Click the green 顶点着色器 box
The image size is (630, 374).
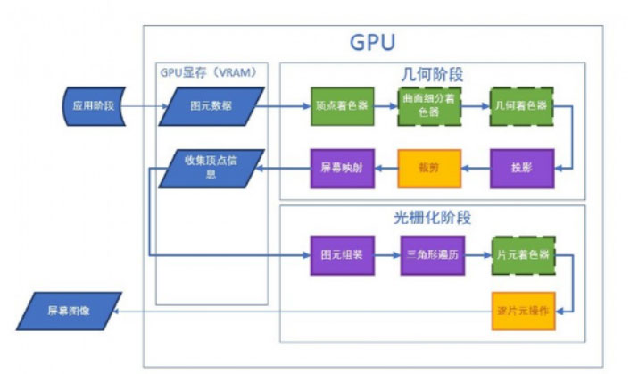pyautogui.click(x=341, y=106)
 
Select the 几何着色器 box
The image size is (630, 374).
pyautogui.click(x=522, y=106)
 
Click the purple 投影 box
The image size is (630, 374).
pyautogui.click(x=522, y=167)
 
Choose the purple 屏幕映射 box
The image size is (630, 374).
pyautogui.click(x=341, y=167)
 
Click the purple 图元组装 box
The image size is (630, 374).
pyautogui.click(x=341, y=254)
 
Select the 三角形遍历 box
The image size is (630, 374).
pyautogui.click(x=431, y=254)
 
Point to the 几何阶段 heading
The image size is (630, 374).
pyautogui.click(x=433, y=74)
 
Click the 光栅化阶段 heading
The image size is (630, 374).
pyautogui.click(x=433, y=217)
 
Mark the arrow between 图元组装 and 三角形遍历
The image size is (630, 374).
pyautogui.click(x=386, y=254)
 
